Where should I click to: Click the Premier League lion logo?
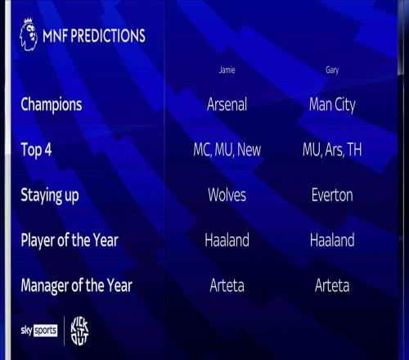[29, 34]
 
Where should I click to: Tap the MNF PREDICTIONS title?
[94, 35]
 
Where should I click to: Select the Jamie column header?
[227, 70]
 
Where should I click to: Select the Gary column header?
[332, 70]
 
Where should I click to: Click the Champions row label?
[52, 105]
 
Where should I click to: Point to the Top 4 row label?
[36, 150]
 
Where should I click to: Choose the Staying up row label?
[50, 196]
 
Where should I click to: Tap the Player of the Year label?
[70, 241]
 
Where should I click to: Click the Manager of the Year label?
[77, 286]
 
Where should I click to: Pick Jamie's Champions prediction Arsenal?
[227, 104]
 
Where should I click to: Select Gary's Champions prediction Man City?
[332, 105]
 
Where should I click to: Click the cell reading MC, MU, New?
[227, 150]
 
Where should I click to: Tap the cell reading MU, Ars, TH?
[332, 150]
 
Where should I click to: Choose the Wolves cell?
[227, 195]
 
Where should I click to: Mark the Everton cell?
[332, 195]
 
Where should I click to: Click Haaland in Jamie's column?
[227, 240]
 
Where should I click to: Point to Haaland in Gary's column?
[332, 240]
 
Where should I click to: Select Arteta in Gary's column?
[332, 286]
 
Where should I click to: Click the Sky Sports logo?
[39, 331]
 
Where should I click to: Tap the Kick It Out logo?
[79, 331]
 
